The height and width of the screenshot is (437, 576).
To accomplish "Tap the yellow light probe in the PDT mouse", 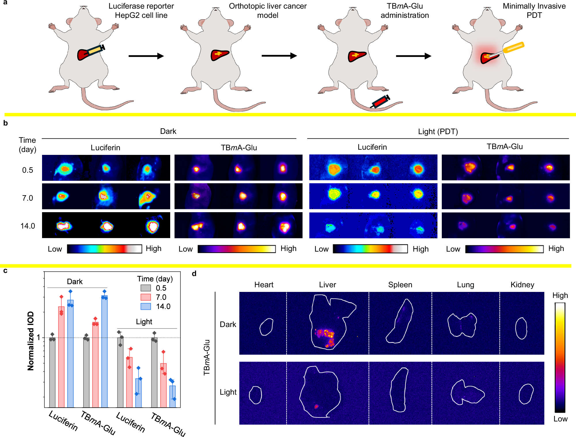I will click(513, 48).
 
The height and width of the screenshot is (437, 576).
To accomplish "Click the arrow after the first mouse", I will click(146, 56).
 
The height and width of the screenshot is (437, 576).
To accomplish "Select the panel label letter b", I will click(5, 123).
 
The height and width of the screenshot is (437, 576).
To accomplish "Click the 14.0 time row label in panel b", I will click(28, 226).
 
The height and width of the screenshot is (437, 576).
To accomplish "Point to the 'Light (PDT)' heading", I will click(438, 132).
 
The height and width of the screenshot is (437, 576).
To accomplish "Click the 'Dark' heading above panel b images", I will click(168, 131).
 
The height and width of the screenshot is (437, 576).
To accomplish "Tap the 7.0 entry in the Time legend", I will click(161, 297).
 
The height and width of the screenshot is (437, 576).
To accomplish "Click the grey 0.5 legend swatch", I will click(146, 288).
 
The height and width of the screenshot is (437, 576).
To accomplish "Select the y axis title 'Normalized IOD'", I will click(31, 341).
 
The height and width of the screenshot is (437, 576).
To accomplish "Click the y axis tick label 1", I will click(39, 337).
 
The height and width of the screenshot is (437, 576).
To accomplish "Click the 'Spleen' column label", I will click(400, 285).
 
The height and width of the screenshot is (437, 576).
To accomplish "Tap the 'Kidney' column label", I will click(522, 285).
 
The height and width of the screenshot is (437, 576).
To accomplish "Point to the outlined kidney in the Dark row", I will click(521, 328).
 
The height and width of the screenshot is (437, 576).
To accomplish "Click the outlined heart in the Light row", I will click(255, 395).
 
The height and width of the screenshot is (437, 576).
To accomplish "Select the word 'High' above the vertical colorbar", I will click(560, 295).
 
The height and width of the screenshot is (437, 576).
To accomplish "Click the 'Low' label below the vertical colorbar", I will click(560, 419).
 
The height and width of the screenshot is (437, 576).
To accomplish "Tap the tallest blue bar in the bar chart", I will click(104, 351).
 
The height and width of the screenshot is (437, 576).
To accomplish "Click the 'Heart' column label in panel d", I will click(264, 285).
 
